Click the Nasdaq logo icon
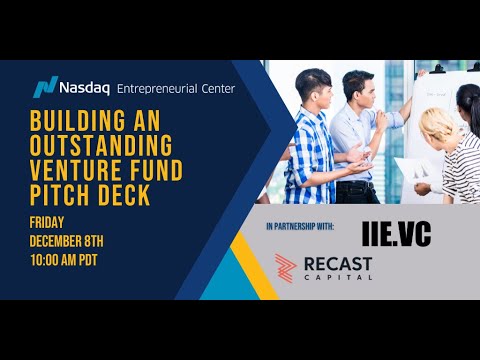[45, 87]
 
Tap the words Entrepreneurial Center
[176, 88]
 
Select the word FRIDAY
[49, 224]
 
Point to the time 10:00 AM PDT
[76, 259]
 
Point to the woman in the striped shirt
[462, 150]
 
